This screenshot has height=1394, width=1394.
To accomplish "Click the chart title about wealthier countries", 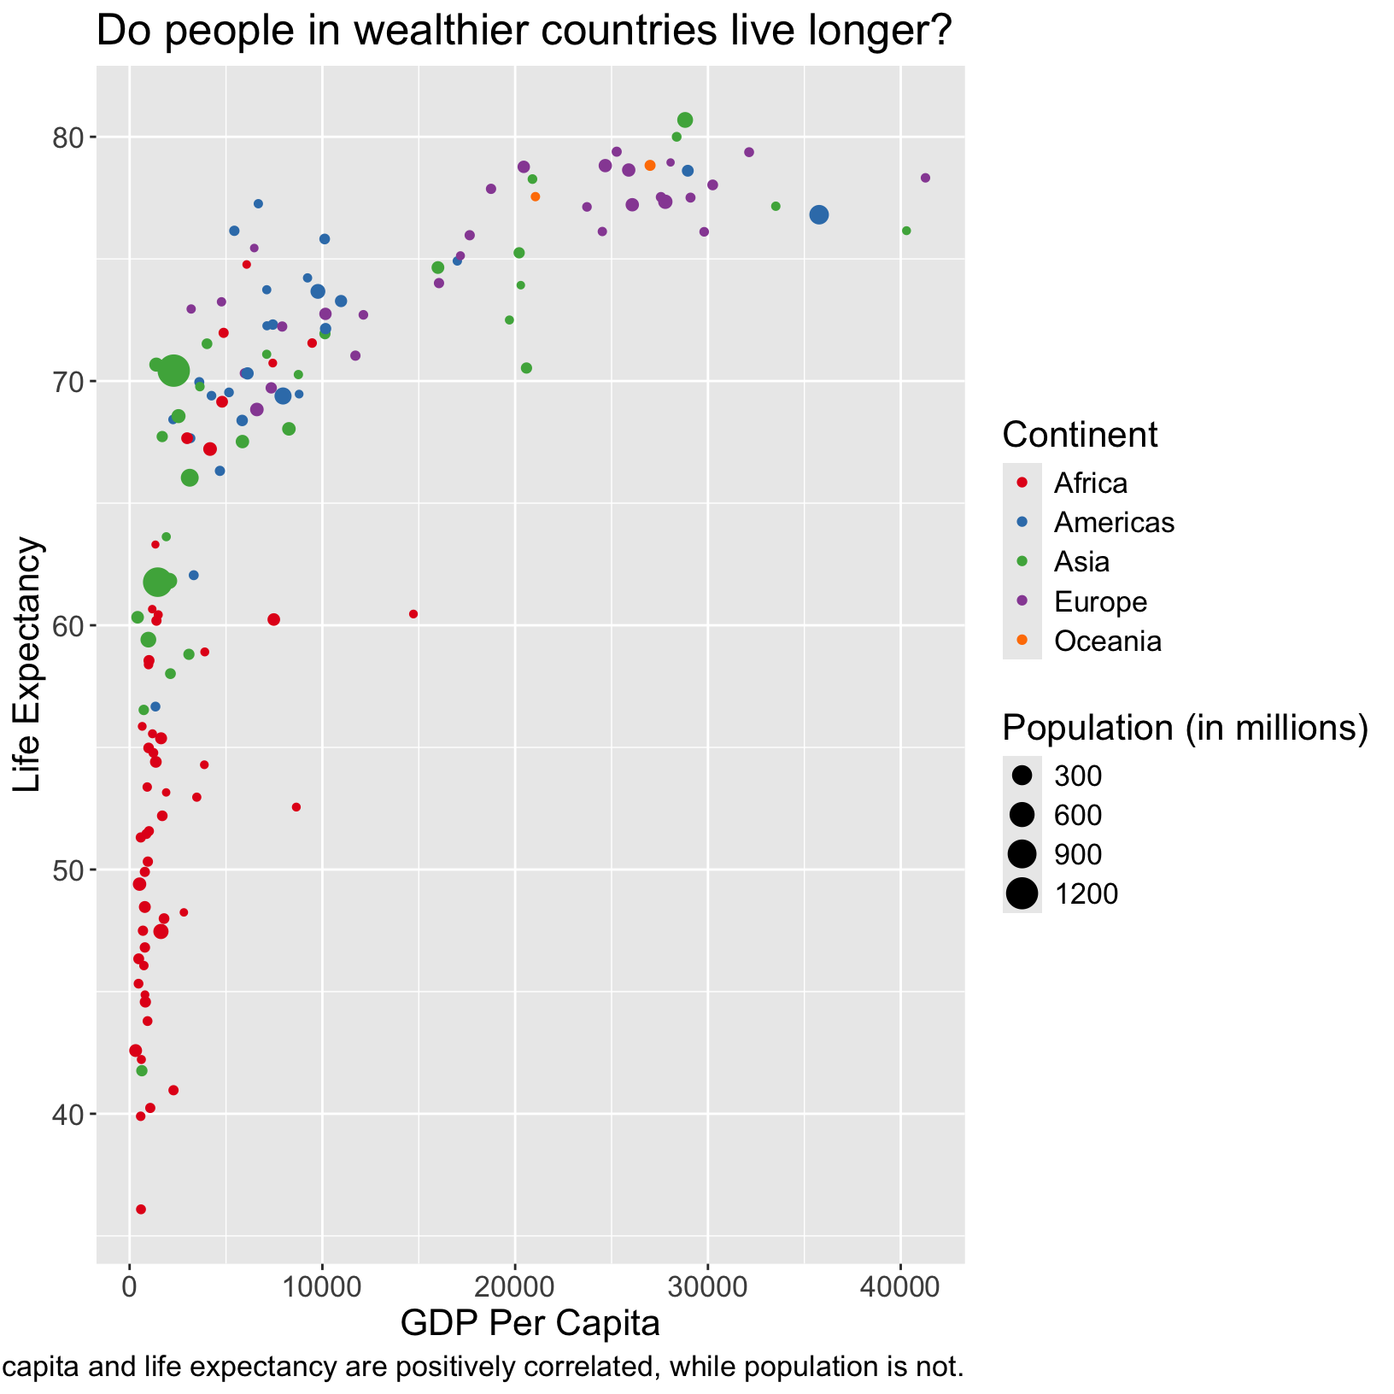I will (524, 32).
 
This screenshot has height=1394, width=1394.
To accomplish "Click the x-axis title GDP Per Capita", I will (530, 1323).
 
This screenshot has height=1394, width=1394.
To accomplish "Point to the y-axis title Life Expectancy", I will (28, 664).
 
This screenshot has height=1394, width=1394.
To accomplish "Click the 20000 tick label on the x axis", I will (514, 1289).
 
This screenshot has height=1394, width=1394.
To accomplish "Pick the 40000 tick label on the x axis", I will (899, 1289).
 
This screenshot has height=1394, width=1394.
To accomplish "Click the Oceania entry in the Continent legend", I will (1108, 641).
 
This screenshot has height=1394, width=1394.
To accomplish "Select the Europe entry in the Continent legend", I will (1100, 601).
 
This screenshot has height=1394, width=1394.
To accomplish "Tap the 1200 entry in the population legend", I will (1085, 893).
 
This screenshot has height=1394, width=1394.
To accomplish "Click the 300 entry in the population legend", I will (1077, 776).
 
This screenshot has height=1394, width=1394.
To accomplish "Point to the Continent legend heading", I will (1080, 435).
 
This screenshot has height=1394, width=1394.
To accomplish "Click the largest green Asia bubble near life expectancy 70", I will (173, 371).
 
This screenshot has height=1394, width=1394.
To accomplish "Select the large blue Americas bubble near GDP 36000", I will (819, 215).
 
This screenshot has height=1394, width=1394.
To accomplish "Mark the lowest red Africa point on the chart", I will (141, 1209).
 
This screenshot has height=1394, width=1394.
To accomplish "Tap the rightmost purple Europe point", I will (925, 178).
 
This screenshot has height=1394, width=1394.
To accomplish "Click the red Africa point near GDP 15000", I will (413, 614).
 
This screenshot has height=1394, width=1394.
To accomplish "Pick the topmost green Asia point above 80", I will (685, 120).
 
